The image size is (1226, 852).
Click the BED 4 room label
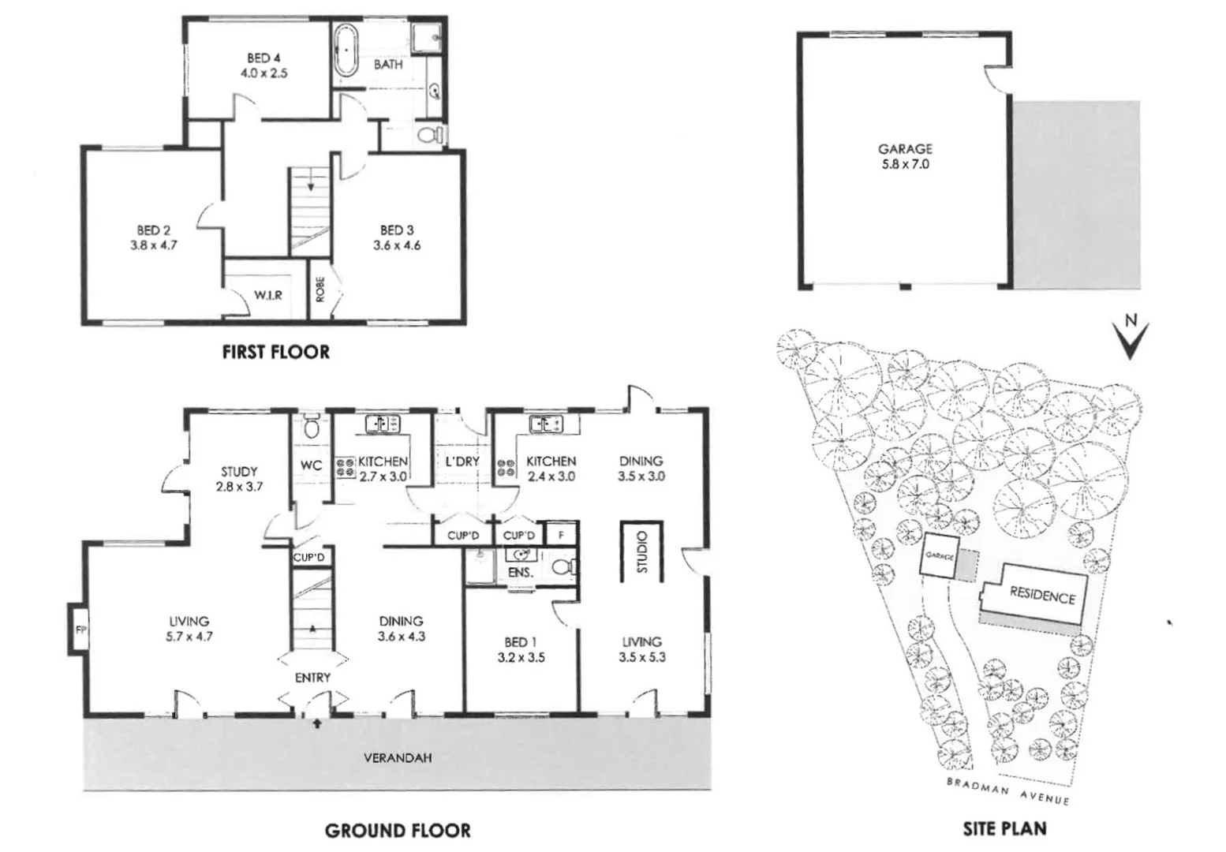[x=264, y=65]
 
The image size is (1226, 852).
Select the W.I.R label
[x=268, y=295]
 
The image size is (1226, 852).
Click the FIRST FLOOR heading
[x=275, y=352]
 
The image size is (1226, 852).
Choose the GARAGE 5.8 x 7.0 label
[x=905, y=156]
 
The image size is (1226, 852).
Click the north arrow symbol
[x=1130, y=337]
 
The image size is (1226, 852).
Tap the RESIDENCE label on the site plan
[x=1042, y=596]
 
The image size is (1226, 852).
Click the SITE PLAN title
[x=1004, y=828]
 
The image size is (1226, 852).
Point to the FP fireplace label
[x=79, y=630]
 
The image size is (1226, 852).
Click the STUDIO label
[x=641, y=552]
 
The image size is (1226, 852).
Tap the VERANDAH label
[x=398, y=758]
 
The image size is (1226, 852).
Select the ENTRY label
[x=312, y=678]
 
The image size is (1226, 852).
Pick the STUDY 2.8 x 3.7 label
[x=239, y=479]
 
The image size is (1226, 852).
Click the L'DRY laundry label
[x=462, y=461]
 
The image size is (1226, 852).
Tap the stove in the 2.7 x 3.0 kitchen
[x=346, y=467]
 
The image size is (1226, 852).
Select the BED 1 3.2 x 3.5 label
[x=521, y=649]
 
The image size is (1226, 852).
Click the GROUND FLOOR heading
[x=398, y=830]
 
